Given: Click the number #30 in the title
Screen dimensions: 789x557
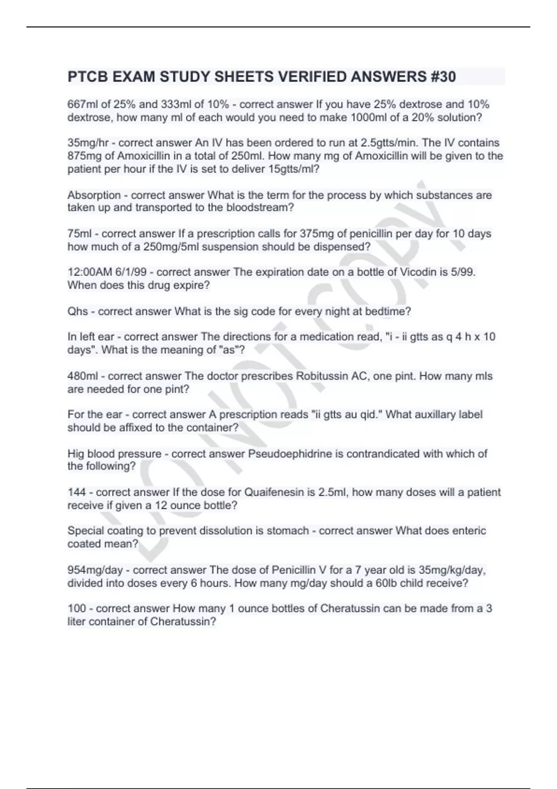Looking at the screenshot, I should pos(443,77).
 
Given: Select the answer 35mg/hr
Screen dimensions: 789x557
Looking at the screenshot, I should pos(88,143).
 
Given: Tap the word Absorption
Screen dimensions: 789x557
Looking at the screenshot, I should pos(94,195).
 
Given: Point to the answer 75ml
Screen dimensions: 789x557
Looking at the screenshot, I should pos(80,233).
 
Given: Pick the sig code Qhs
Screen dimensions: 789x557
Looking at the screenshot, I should pos(78,311).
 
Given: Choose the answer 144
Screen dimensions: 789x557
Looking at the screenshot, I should pos(77,492).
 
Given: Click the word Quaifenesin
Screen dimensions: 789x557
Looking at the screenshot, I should pos(274,492).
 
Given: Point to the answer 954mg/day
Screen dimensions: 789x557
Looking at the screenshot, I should pos(95,570).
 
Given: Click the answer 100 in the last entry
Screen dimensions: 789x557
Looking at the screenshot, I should pos(77,608).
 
